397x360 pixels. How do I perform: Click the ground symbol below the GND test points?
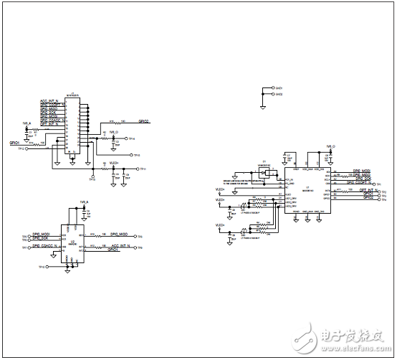tap(264, 106)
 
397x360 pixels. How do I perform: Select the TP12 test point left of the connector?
tap(21, 149)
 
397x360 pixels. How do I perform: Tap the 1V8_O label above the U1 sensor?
tap(331, 146)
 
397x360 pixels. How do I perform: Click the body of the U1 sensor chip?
tap(307, 192)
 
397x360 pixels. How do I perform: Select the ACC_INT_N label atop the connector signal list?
tap(53, 101)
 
